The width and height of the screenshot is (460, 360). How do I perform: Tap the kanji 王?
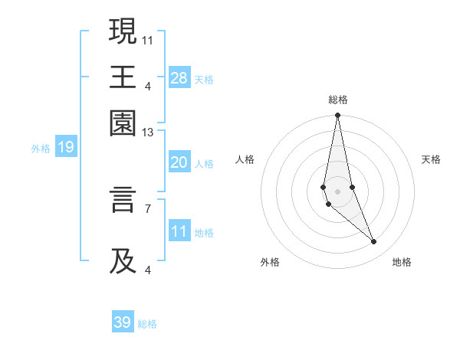click(123, 77)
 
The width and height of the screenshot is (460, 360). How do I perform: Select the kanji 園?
click(123, 123)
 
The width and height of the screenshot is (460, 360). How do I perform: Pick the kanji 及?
click(123, 260)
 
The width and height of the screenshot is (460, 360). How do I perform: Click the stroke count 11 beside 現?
click(148, 39)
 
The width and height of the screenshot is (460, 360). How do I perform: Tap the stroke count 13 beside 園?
click(148, 133)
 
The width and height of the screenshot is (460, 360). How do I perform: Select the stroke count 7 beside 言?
click(148, 208)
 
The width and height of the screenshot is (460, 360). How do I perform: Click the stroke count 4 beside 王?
click(148, 85)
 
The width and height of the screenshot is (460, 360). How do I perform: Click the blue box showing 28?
click(179, 77)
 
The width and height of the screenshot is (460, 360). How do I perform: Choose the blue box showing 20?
click(179, 162)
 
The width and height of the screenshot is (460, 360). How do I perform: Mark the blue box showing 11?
click(179, 231)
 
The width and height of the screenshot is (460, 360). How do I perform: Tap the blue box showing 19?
click(66, 147)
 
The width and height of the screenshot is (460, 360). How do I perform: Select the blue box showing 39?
click(123, 322)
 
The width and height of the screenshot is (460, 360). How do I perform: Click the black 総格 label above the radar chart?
click(337, 100)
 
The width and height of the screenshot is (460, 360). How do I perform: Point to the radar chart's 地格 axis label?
click(402, 262)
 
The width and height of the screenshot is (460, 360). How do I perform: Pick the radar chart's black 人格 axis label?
click(245, 159)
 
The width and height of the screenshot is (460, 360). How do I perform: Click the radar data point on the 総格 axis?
click(337, 116)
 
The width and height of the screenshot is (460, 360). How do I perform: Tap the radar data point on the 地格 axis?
click(374, 242)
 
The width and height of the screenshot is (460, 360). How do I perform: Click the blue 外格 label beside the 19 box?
click(40, 149)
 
